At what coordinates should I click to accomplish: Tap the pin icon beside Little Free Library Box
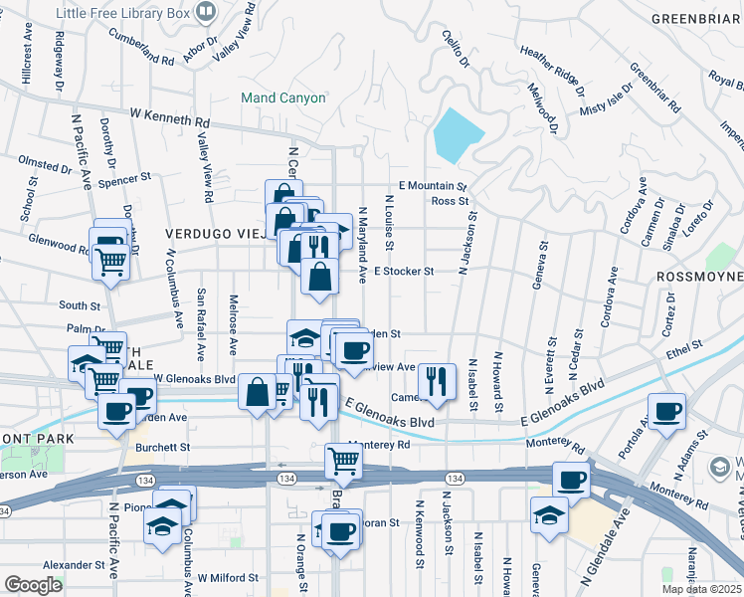(207, 12)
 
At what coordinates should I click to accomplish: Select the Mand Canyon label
(283, 98)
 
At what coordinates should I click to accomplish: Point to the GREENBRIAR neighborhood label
(696, 19)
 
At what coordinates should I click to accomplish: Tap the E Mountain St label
(432, 186)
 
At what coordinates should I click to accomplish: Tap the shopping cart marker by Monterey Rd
(343, 462)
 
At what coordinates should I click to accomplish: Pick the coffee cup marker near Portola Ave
(667, 410)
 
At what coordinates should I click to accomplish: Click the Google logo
(33, 585)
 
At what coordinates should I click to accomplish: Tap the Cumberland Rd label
(143, 61)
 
